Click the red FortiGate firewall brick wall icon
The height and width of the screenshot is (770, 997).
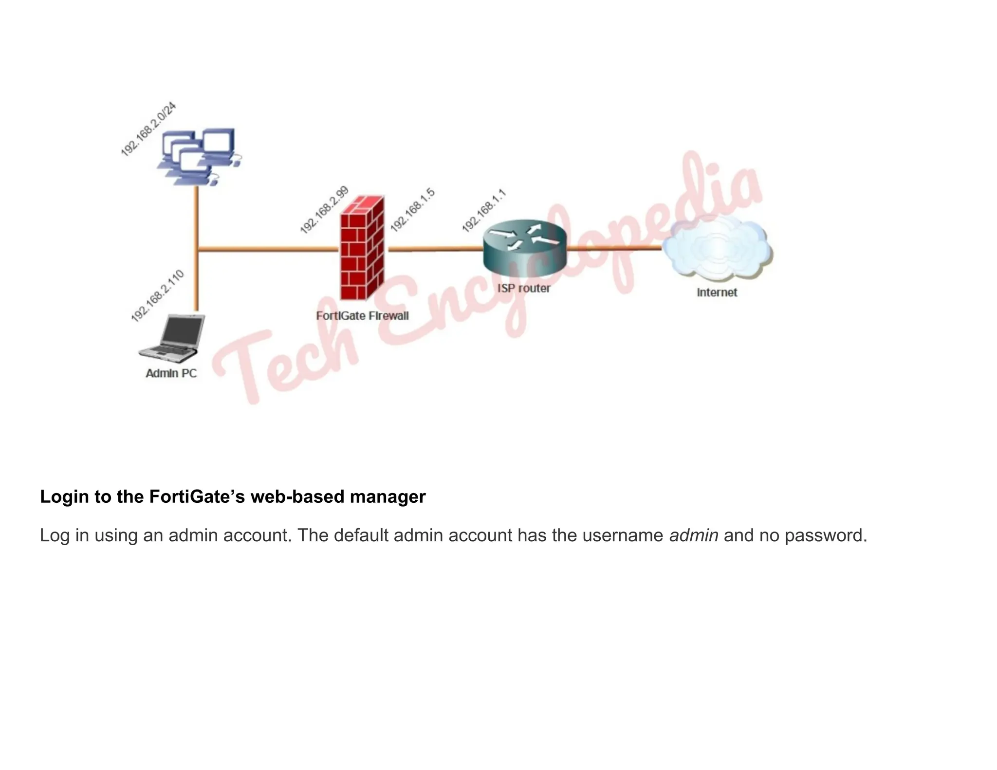(x=362, y=248)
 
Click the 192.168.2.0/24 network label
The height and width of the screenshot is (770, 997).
(x=148, y=129)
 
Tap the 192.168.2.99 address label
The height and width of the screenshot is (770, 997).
(x=324, y=210)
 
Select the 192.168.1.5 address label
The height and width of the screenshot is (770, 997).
(x=412, y=210)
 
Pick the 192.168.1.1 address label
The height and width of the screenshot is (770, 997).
(x=484, y=211)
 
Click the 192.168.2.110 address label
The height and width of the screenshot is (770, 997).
(x=158, y=295)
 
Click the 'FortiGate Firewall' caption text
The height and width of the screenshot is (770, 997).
(x=362, y=316)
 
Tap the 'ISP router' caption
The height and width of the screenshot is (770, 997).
(x=524, y=288)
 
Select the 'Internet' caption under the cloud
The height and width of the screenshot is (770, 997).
(x=717, y=293)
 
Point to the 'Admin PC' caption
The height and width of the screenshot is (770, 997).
(x=171, y=373)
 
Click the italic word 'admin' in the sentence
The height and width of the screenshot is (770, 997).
(x=694, y=535)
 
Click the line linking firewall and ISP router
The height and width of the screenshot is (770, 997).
(x=434, y=249)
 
